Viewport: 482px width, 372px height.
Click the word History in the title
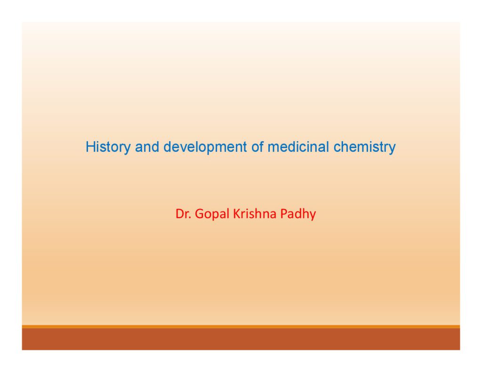click(x=108, y=147)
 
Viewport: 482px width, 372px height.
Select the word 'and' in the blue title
click(x=147, y=147)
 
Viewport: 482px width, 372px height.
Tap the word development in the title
click(x=205, y=147)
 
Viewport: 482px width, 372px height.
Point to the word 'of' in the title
click(x=257, y=147)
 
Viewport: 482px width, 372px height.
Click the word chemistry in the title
click(x=365, y=147)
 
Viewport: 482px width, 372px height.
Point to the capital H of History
click(x=90, y=147)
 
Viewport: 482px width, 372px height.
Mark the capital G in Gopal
click(x=199, y=214)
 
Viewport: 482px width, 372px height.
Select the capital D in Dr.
click(x=179, y=214)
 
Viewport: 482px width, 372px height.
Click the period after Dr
click(x=190, y=218)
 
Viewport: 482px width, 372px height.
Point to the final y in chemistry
click(x=393, y=149)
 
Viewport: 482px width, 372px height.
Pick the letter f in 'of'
click(x=261, y=147)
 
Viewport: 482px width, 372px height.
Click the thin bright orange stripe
click(x=241, y=326)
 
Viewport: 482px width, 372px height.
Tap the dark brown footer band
click(x=241, y=339)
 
